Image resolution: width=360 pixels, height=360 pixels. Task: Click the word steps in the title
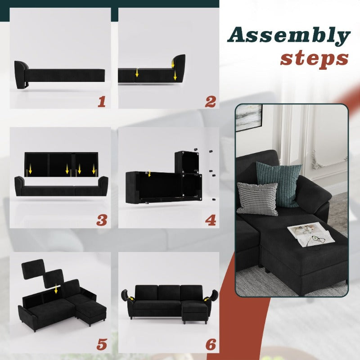pyautogui.click(x=314, y=58)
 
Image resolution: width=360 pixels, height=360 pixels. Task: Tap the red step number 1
pyautogui.click(x=102, y=102)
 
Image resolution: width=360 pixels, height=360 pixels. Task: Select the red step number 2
pyautogui.click(x=210, y=102)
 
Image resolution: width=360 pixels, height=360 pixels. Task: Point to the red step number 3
pyautogui.click(x=102, y=220)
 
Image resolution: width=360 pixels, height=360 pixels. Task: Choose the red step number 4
pyautogui.click(x=211, y=220)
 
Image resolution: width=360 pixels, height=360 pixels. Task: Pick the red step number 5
pyautogui.click(x=102, y=344)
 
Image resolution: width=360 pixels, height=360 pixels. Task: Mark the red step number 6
pyautogui.click(x=211, y=344)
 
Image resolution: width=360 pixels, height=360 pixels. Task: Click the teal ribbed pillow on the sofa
pyautogui.click(x=279, y=184)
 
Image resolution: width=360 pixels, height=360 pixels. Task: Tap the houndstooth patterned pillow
pyautogui.click(x=257, y=199)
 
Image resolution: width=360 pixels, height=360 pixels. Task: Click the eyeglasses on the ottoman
pyautogui.click(x=316, y=240)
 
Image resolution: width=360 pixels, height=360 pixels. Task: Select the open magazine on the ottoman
pyautogui.click(x=310, y=235)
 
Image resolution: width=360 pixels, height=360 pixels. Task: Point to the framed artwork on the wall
pyautogui.click(x=249, y=117)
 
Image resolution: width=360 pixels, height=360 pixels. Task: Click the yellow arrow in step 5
pyautogui.click(x=56, y=289)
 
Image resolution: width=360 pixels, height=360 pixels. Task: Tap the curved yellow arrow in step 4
pyautogui.click(x=149, y=174)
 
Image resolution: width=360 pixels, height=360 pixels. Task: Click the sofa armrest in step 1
pyautogui.click(x=20, y=74)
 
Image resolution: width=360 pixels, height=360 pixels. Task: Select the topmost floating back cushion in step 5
pyautogui.click(x=33, y=269)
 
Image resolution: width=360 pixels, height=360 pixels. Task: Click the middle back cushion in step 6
pyautogui.click(x=169, y=292)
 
